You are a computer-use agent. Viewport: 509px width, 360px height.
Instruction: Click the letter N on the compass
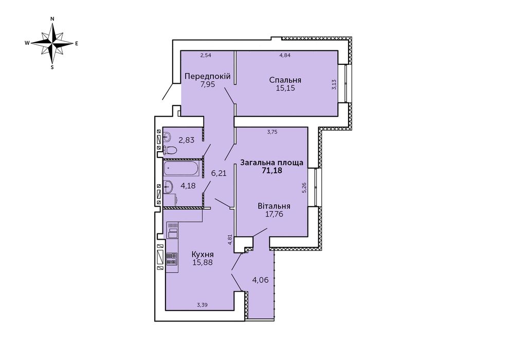tap(52, 19)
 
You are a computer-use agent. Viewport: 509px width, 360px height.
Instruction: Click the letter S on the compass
tap(52, 67)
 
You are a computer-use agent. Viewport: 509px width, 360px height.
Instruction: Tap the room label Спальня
tap(285, 80)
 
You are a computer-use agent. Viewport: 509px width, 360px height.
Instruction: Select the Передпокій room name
tap(208, 77)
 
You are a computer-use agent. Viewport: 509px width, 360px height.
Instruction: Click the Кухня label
tap(203, 254)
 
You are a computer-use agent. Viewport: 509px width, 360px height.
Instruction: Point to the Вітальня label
tap(274, 206)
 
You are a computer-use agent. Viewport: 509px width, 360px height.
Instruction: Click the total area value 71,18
tap(272, 171)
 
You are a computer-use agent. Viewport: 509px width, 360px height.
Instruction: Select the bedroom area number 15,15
tap(285, 88)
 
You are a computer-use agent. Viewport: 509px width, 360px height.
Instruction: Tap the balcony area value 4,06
tap(260, 280)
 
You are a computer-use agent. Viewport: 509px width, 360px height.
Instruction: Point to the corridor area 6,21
tap(219, 173)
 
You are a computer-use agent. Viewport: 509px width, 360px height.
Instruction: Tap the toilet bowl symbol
tap(170, 150)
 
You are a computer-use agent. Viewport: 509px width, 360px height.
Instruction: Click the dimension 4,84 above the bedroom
tap(285, 55)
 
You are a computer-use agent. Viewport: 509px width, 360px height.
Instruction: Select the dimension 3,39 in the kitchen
tap(202, 304)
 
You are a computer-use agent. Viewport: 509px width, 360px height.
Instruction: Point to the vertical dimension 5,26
tap(304, 188)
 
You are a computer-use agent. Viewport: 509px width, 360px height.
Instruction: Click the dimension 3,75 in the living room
tap(272, 132)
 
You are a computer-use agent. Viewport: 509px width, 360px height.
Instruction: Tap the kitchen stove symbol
tap(172, 258)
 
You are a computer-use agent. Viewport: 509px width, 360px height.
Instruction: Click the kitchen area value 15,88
tap(203, 262)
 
